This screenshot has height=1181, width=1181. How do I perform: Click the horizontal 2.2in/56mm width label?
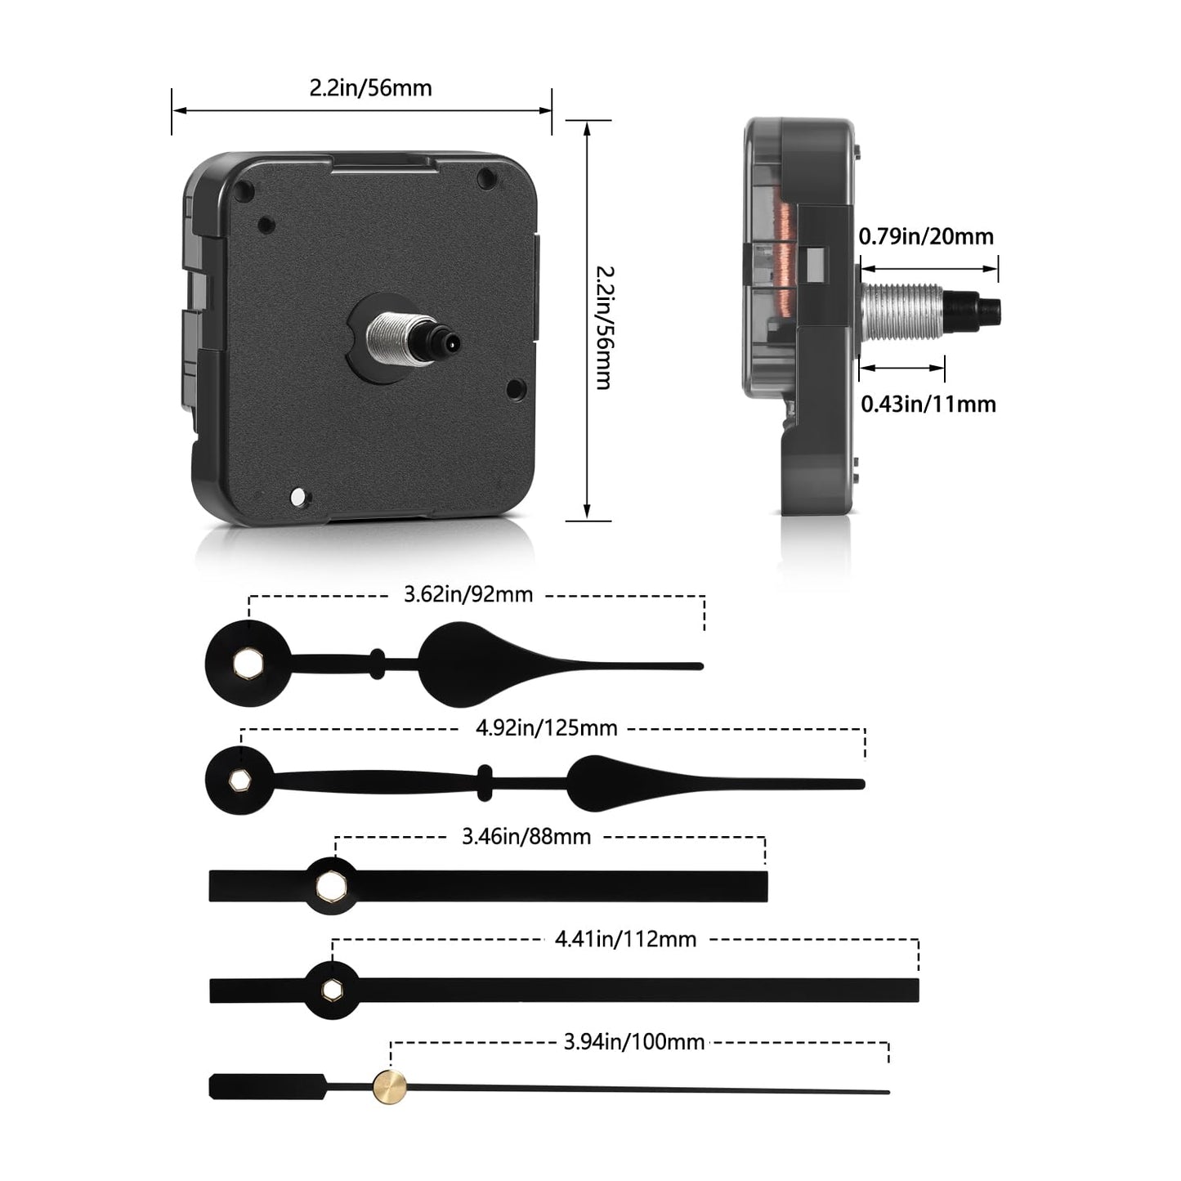[370, 88]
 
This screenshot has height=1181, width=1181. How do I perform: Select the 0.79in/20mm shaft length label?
[925, 237]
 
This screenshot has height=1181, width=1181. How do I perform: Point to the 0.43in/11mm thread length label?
[928, 404]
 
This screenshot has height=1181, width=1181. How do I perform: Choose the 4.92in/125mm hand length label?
[546, 727]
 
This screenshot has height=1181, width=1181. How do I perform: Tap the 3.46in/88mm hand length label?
[526, 836]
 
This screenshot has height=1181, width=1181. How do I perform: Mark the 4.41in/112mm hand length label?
[625, 939]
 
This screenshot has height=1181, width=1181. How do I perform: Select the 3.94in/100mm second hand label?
[633, 1041]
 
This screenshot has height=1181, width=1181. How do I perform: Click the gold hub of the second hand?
[390, 1087]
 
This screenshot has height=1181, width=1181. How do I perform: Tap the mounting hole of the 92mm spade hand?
[244, 663]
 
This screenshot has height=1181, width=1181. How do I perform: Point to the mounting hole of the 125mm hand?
[239, 781]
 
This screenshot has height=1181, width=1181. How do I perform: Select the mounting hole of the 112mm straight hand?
[331, 990]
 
